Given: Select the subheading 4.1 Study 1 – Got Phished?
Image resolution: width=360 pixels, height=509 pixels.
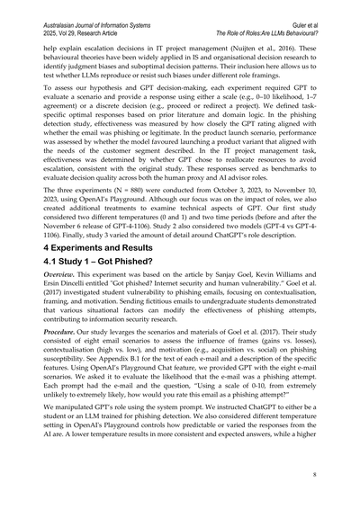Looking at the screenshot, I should tap(91, 263).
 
